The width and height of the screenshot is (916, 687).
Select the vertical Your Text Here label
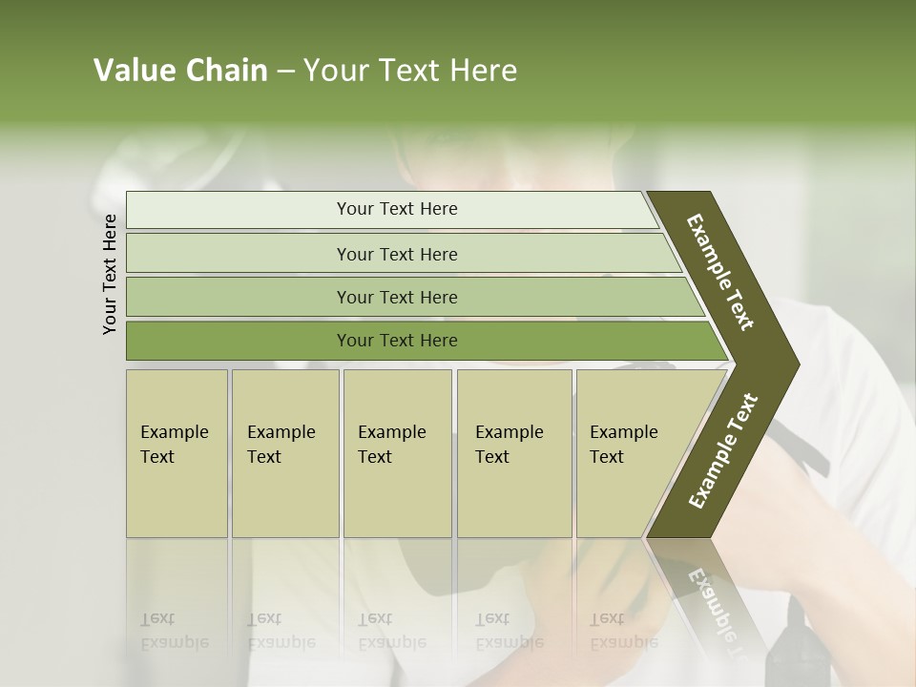(110, 274)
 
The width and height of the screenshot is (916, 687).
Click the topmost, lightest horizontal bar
(396, 209)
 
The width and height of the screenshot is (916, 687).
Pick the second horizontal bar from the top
(396, 254)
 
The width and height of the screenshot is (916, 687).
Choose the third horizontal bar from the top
(396, 297)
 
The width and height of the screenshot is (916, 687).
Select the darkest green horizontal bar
(396, 341)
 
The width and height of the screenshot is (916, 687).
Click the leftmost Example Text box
(177, 453)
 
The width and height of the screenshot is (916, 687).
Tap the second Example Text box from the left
(284, 453)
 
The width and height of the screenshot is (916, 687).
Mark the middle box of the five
(397, 453)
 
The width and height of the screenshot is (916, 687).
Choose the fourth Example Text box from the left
(513, 453)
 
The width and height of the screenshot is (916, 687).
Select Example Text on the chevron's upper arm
(720, 272)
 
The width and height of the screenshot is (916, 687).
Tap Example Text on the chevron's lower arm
(722, 450)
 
